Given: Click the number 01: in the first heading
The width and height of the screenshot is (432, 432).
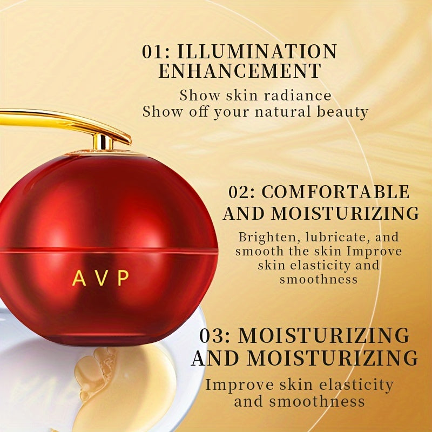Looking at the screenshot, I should tap(156, 52).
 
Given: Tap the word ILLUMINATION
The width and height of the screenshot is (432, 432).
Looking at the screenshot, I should tap(258, 52).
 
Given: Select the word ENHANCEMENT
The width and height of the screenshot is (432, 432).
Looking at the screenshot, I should tap(239, 71).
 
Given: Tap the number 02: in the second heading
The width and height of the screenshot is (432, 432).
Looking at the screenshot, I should tap(242, 193).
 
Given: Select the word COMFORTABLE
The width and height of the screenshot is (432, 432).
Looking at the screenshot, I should tap(336, 193).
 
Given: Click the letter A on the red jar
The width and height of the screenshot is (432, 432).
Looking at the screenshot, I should tap(79, 278).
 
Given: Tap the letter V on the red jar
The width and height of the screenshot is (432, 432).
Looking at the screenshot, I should tap(101, 278).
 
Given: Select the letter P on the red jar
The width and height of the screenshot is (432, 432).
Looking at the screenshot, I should tap(123, 278).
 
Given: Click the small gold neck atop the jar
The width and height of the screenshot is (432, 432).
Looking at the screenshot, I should tap(103, 143).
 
